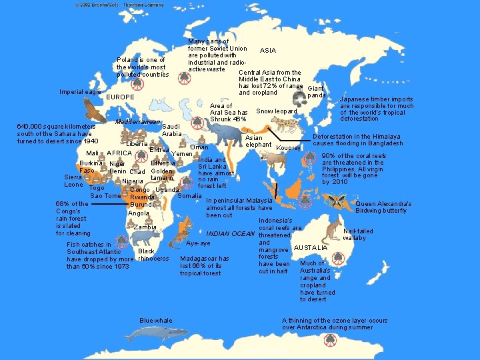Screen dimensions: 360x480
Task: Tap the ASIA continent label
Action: (x=267, y=51)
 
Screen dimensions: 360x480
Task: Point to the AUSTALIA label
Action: (x=311, y=248)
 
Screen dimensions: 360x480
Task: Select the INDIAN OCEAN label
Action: (x=231, y=234)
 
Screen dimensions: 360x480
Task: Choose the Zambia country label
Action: (x=145, y=227)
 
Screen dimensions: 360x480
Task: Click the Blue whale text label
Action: (x=156, y=321)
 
